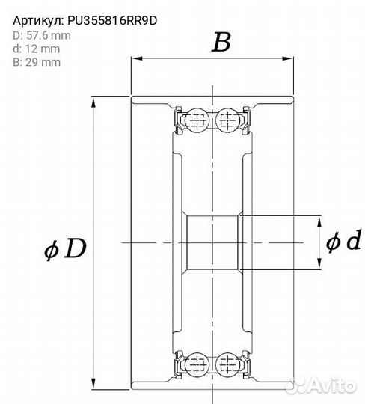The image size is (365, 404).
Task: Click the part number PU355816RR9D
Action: coord(112,21)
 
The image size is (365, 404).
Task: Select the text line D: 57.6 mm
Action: coord(42,36)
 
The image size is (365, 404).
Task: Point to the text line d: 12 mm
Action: coord(37,49)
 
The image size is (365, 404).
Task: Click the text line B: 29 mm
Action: coord(37,62)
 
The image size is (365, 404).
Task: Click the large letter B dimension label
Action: coord(221,43)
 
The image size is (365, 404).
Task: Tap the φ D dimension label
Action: coord(65,248)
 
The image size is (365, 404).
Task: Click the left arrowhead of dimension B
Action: coord(137,58)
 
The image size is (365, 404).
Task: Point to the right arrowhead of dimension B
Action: coord(288,58)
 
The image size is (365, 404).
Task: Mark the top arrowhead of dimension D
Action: coord(93,102)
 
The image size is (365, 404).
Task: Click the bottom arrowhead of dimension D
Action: coord(93,383)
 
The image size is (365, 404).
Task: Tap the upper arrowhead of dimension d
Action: coord(319,221)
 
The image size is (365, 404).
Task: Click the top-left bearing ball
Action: coord(197,120)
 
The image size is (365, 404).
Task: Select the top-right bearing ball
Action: coord(227,120)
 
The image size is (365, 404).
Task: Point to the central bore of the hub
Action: coord(212,242)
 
